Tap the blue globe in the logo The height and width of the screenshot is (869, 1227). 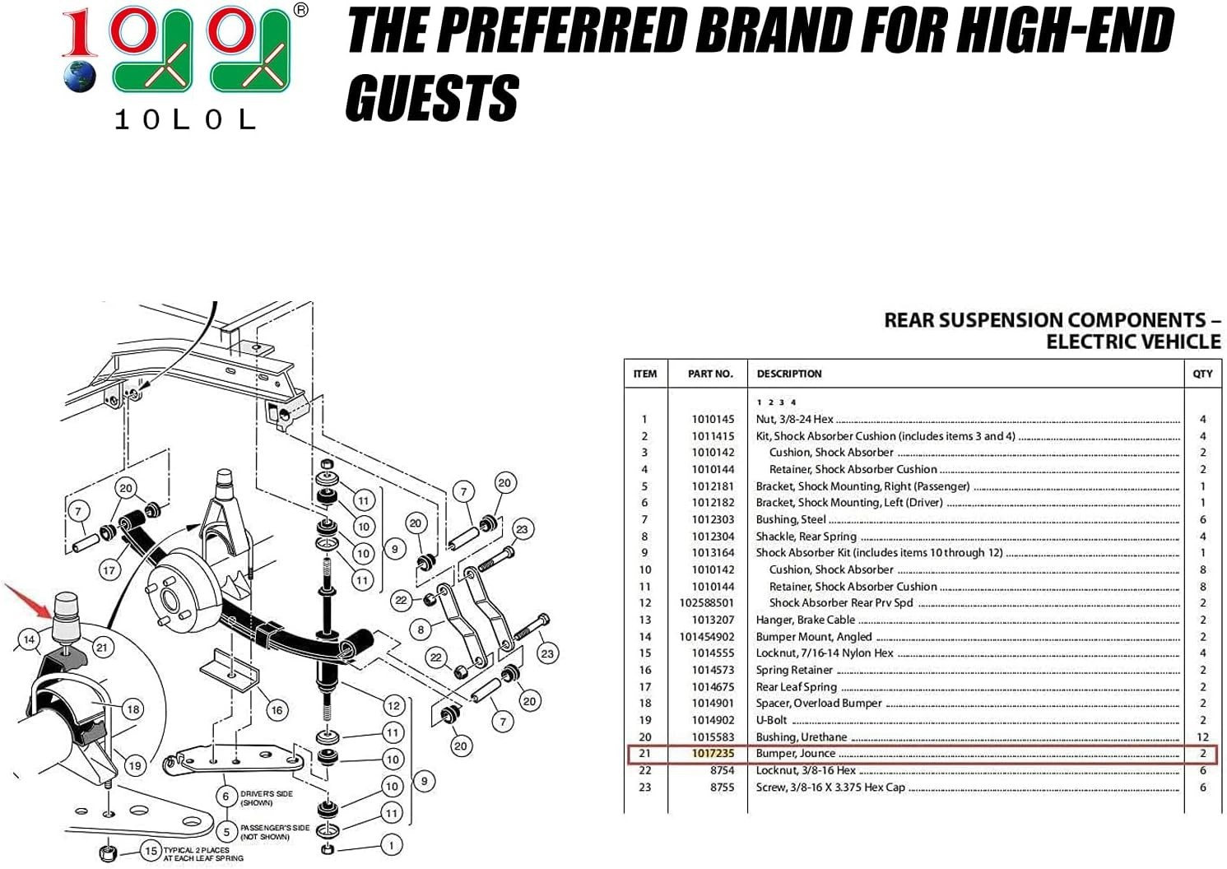coord(80,77)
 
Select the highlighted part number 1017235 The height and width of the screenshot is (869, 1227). coord(713,754)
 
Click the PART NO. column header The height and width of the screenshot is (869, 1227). coord(710,374)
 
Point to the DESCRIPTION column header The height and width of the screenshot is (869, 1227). coord(788,374)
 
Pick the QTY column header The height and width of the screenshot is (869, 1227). coord(1202,374)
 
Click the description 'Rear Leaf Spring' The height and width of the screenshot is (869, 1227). coord(797,686)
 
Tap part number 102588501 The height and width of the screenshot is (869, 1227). coord(706,602)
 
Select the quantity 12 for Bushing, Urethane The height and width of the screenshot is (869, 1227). coord(1202,737)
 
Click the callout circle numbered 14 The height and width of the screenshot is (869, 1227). coord(29,639)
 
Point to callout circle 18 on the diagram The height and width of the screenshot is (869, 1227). coord(133,709)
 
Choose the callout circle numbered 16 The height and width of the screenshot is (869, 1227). coord(277,711)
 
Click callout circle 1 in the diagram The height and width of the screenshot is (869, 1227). coord(391,845)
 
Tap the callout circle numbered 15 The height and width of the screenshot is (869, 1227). coord(151,851)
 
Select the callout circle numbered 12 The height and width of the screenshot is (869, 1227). coord(394,706)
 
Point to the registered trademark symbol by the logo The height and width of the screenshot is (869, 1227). coord(300,9)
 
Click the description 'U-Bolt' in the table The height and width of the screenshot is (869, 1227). coord(771,720)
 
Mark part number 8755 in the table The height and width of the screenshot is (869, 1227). coord(722,788)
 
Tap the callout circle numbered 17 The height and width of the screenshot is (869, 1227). coord(109,570)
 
